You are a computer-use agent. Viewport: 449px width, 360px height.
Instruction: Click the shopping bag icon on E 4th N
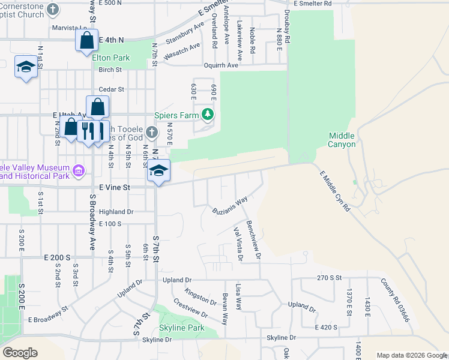click(86, 40)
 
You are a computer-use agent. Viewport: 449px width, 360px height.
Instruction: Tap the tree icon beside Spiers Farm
click(207, 114)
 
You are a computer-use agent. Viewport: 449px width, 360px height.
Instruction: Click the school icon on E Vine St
click(158, 172)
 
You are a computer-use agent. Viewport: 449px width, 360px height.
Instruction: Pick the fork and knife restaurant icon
click(86, 130)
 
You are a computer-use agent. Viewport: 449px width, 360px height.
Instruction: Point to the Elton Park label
click(110, 58)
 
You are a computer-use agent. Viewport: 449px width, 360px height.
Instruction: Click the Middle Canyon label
click(342, 140)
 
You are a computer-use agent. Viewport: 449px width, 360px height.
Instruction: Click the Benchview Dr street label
click(253, 238)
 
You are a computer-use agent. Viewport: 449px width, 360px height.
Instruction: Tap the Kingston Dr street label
click(200, 295)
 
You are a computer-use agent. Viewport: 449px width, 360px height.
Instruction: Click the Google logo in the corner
click(20, 352)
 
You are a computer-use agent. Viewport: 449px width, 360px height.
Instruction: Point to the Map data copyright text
click(412, 355)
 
